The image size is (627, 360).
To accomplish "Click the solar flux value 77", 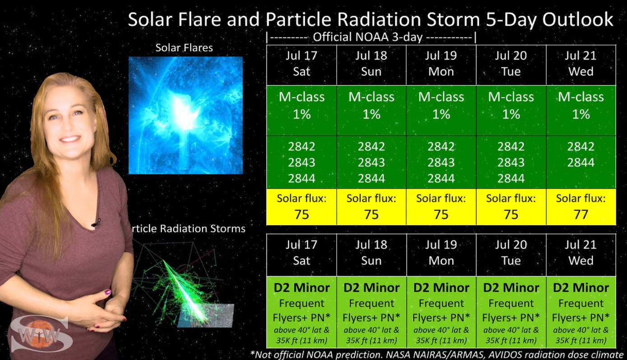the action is point(581,215).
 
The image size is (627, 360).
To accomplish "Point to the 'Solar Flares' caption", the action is point(184,48).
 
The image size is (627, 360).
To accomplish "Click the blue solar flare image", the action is point(186,115).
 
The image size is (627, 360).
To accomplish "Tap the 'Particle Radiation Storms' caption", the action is point(188,229).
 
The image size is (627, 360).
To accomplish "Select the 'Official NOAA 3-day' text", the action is point(367,37).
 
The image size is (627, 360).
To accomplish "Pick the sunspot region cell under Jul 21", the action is point(581,162).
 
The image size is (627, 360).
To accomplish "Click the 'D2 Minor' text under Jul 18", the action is point(372,288).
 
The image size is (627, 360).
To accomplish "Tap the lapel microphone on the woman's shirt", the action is point(96,223).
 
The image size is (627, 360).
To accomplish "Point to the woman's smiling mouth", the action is point(69,139).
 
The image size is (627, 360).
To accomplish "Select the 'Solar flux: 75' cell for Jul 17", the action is point(302,207).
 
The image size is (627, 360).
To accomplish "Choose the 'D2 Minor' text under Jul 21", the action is point(581,288).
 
